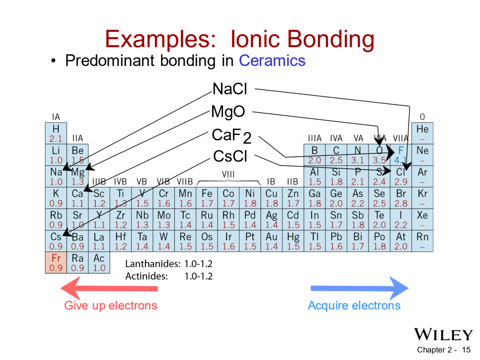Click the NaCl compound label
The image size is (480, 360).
point(230,89)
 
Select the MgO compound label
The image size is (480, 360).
point(228,111)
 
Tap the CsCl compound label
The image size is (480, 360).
point(230,156)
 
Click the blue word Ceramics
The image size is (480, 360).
point(272,61)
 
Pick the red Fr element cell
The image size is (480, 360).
point(56,263)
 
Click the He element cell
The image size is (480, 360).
point(422,133)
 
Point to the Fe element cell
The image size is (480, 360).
point(207,198)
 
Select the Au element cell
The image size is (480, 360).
point(272,241)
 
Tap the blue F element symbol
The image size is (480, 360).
point(401,151)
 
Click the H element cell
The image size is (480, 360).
point(56,133)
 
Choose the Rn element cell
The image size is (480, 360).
point(422,241)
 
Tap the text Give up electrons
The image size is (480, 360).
point(110,305)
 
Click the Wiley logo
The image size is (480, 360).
point(443,334)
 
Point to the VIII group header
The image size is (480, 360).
point(228,174)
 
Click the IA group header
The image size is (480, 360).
point(56,117)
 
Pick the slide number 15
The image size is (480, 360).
point(466,350)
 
